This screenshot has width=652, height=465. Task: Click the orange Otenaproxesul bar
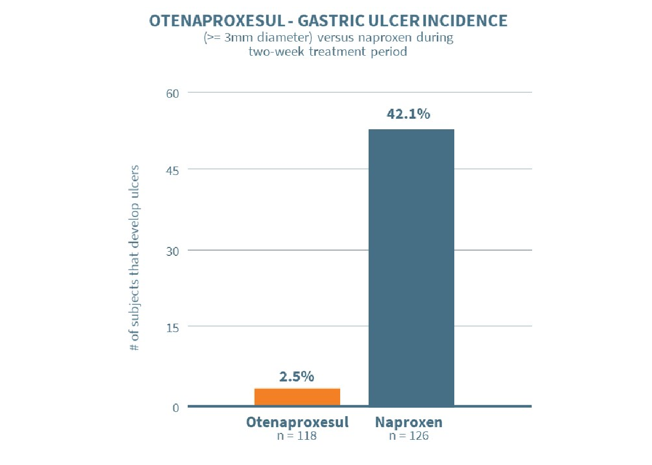pos(297,397)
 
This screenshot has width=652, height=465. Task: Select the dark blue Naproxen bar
pos(411,267)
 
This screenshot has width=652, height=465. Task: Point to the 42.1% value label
pos(409,114)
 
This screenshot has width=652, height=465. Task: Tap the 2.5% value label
pos(296,376)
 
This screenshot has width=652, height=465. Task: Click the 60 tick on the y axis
pos(174,93)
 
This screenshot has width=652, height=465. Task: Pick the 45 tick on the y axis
pos(174,170)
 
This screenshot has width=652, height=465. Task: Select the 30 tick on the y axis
pos(174,251)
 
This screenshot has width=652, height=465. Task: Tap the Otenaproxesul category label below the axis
pos(297,422)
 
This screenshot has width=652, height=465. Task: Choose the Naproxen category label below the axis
pos(409,422)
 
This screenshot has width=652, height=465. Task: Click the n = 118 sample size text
pos(297,436)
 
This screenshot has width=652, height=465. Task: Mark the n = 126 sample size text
pos(409,436)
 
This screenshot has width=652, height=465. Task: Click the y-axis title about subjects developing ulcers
pos(135,257)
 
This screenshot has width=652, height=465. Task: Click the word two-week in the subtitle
pos(277,52)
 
